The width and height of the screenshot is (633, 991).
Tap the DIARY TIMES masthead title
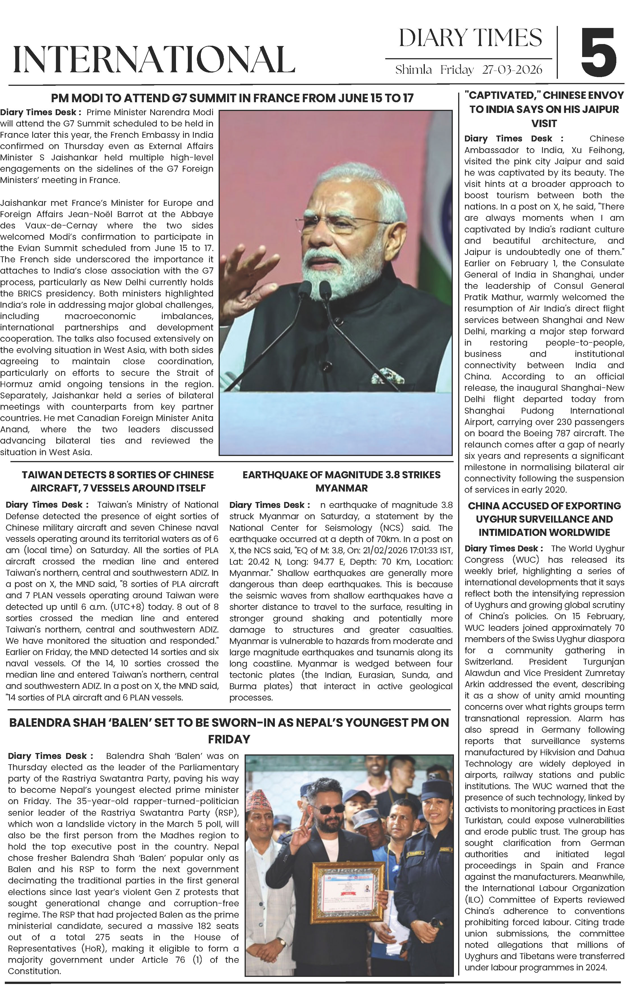pos(470,38)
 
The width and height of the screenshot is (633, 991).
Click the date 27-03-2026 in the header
pos(512,70)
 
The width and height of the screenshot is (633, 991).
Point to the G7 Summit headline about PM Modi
pos(232,98)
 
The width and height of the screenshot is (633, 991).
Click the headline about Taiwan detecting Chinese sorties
pos(118,481)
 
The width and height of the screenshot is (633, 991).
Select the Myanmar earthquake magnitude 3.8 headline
pos(341,481)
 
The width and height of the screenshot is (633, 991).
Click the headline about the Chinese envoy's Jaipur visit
pos(544,109)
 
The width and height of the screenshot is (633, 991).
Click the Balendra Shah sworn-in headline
pos(229,730)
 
